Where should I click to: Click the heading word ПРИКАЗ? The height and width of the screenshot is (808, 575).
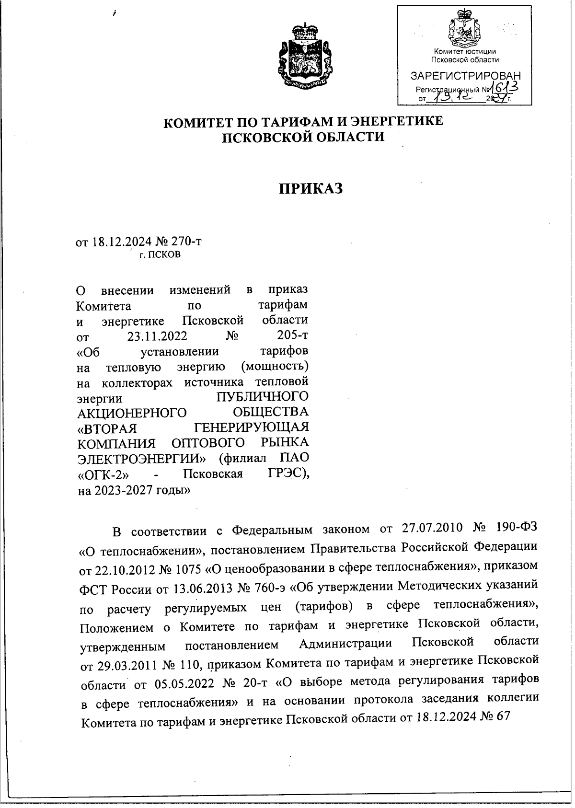(x=311, y=188)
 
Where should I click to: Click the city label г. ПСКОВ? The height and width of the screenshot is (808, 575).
(x=160, y=255)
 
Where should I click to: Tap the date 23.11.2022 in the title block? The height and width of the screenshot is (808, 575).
(x=157, y=335)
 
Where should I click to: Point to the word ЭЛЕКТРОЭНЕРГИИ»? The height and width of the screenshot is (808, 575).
(x=141, y=458)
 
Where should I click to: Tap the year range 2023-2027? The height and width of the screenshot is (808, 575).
(x=121, y=490)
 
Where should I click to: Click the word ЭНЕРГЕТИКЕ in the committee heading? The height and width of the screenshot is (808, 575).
(x=394, y=122)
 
